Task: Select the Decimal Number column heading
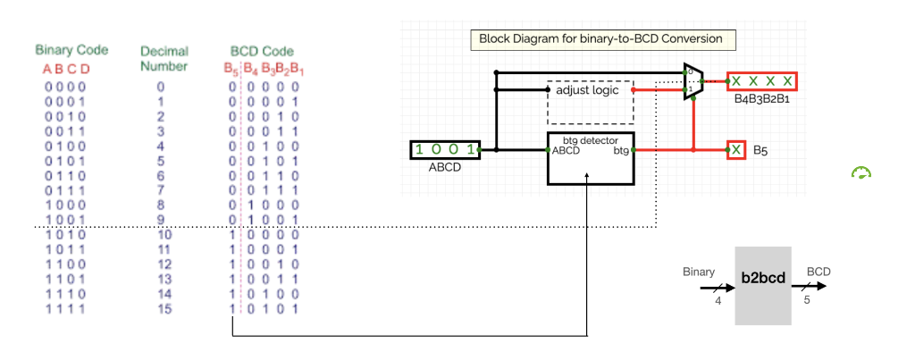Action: click(x=164, y=58)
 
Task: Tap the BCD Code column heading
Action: click(x=262, y=51)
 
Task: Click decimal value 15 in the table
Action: click(x=162, y=308)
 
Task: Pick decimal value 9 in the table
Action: click(x=161, y=219)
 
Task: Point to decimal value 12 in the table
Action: click(x=162, y=264)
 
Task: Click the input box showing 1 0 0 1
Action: click(x=445, y=149)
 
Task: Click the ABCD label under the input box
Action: click(x=445, y=166)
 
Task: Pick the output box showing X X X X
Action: click(x=761, y=81)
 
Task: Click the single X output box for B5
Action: click(x=736, y=150)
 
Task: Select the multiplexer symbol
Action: click(x=693, y=82)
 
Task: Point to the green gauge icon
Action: click(x=860, y=173)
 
